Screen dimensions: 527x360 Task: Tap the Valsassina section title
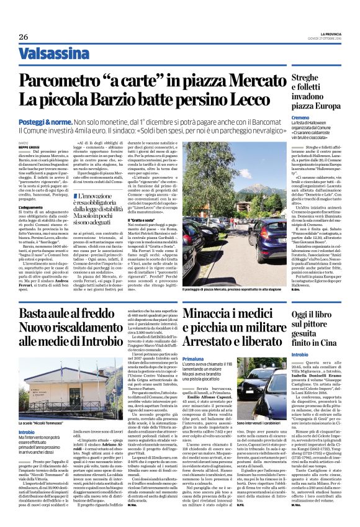click(x=53, y=53)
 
